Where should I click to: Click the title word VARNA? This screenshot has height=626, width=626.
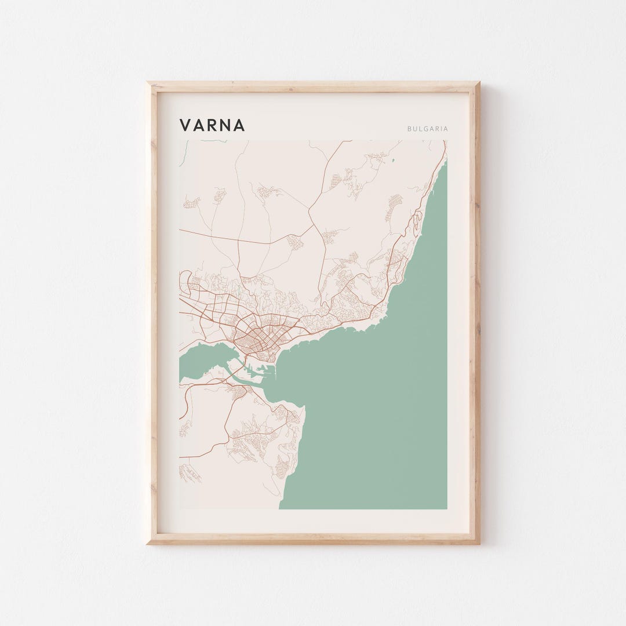[x=212, y=125]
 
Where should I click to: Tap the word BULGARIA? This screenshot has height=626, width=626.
[x=428, y=129]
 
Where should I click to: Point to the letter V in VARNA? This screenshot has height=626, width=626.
[x=185, y=125]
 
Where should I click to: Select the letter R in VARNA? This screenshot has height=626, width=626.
[x=212, y=125]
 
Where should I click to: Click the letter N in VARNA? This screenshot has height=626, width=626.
[x=225, y=125]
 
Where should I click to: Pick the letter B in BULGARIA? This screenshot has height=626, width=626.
[x=409, y=129]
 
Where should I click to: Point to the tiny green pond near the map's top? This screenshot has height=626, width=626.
[x=392, y=160]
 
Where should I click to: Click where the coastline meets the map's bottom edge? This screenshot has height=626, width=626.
[x=279, y=508]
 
